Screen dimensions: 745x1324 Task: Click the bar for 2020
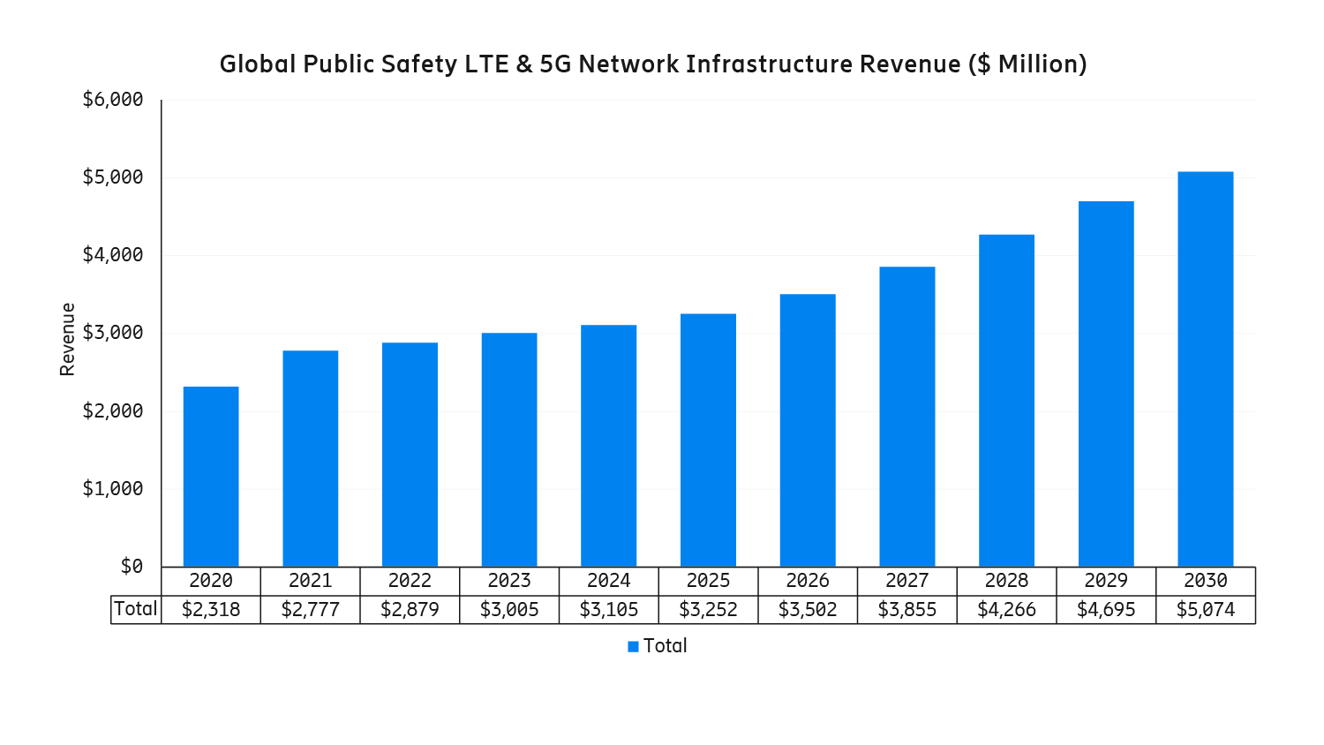pos(211,477)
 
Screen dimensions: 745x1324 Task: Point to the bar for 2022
pos(410,455)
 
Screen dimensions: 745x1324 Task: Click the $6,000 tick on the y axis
pos(113,100)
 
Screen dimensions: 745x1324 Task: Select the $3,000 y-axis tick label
pos(113,333)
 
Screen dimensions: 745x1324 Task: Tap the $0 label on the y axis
pos(132,567)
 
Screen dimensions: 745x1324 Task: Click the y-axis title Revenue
pos(68,339)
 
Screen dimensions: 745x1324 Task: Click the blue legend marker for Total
pos(633,647)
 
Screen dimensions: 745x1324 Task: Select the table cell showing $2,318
pos(211,610)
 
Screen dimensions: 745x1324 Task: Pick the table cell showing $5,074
pos(1205,610)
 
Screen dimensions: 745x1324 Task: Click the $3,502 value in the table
pos(808,610)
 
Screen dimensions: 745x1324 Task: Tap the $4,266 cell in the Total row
pos(1006,610)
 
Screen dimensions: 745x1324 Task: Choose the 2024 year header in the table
pos(608,581)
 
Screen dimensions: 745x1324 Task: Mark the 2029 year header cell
pos(1105,581)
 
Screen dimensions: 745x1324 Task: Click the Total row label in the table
pos(136,609)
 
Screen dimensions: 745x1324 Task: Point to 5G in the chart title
pos(555,64)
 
